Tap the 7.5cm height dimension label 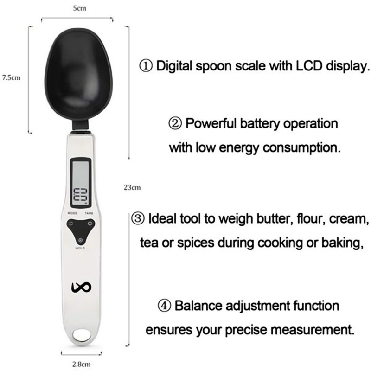click(10, 78)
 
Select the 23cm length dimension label click(132, 188)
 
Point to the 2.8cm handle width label click(81, 364)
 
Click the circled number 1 click(146, 66)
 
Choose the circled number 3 click(139, 218)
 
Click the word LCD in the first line click(307, 66)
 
